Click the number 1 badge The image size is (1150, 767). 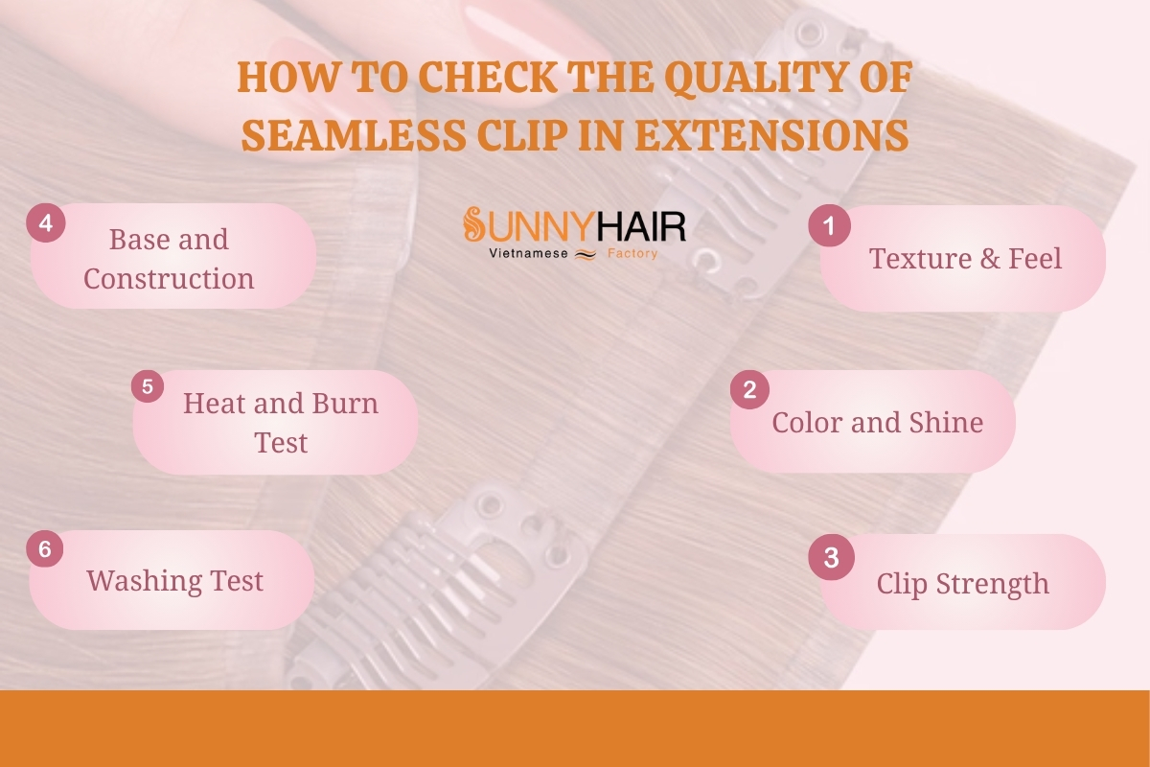click(x=829, y=225)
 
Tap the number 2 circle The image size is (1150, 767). click(x=749, y=389)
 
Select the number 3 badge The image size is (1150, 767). click(x=831, y=557)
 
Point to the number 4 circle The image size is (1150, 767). click(x=46, y=223)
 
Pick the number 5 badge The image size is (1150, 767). click(x=148, y=386)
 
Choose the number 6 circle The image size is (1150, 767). click(x=45, y=548)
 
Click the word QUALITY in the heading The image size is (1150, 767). click(x=757, y=78)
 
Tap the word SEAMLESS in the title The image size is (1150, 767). click(x=354, y=135)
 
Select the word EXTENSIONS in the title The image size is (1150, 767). click(x=771, y=135)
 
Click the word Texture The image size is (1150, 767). click(x=919, y=259)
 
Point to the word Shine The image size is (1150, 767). click(x=946, y=422)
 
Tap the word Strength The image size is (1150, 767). click(x=992, y=585)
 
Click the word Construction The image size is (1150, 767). click(x=169, y=278)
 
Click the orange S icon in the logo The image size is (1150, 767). click(x=473, y=224)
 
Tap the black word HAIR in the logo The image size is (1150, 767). click(x=642, y=226)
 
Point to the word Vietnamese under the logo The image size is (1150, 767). click(x=528, y=253)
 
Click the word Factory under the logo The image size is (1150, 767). click(x=632, y=253)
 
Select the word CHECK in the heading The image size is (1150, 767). click(x=487, y=77)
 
